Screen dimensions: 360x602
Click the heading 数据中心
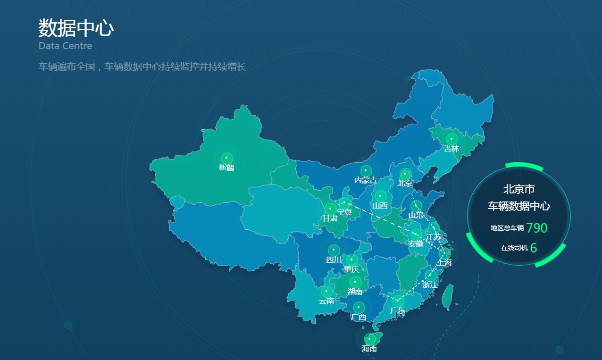coord(76,28)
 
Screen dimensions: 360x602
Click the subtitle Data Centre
coord(65,46)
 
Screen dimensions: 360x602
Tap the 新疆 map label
coord(226,167)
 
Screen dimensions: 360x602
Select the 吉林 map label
coord(451,149)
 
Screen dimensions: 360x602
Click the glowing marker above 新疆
coord(226,158)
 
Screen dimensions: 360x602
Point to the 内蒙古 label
coord(366,180)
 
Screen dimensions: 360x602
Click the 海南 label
coord(369,349)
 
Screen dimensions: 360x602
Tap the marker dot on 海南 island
coord(369,339)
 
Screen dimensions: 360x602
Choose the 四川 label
coord(334,260)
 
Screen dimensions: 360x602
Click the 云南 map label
coord(326,301)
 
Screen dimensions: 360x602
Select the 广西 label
coord(359,317)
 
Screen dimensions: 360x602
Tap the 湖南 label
coord(355,292)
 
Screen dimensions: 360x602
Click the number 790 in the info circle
coord(537,228)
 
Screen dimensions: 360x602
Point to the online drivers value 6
coord(534,248)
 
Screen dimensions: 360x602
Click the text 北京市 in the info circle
coord(519,190)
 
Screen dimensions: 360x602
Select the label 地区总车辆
coord(507,228)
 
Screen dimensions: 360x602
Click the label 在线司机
coord(514,248)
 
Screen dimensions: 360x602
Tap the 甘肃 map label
coord(330,218)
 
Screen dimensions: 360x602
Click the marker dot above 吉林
coord(451,139)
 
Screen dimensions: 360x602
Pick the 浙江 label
coord(430,285)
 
